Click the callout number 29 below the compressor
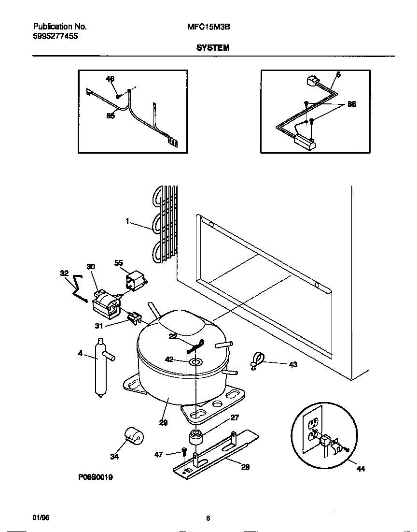point(163,422)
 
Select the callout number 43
point(293,364)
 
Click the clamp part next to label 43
point(257,360)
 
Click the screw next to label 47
point(184,452)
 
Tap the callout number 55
point(118,263)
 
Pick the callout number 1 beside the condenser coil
point(127,221)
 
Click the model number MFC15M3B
point(208,28)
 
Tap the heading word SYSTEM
point(212,48)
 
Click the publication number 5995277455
point(56,36)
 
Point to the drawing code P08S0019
point(95,476)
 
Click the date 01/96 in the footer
point(41,518)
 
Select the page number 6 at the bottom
point(208,518)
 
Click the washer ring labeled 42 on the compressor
point(196,361)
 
